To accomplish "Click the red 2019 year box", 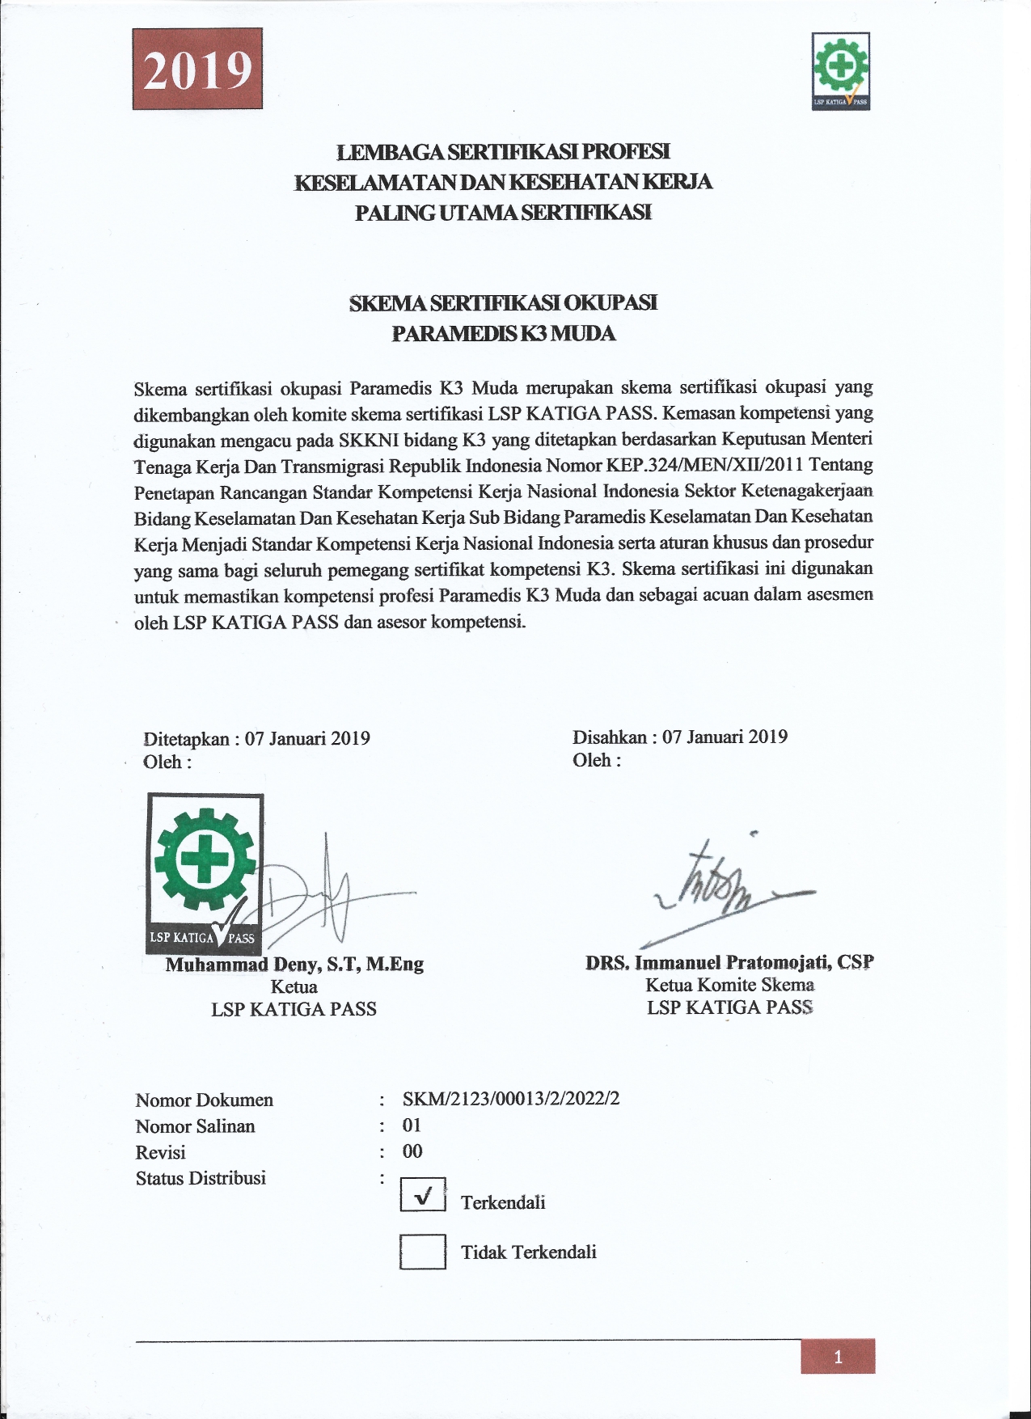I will click(197, 69).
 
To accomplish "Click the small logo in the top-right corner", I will click(841, 71).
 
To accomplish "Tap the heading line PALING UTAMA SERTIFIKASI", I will click(503, 213).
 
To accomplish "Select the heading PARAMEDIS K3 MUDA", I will click(503, 333).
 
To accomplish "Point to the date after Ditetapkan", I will click(307, 738).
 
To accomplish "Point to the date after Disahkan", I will click(725, 737).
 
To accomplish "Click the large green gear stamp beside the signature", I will click(205, 873).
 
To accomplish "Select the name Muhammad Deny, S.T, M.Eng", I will click(294, 964).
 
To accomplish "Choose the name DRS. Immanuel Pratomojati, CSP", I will click(729, 962).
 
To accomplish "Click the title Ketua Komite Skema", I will click(729, 985).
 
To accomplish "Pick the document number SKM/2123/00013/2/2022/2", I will click(511, 1099).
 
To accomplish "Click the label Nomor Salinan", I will click(195, 1126).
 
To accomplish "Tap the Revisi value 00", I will click(412, 1151).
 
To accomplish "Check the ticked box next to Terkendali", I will click(423, 1194).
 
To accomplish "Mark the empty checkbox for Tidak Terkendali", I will click(423, 1251).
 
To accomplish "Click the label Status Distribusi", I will click(201, 1178).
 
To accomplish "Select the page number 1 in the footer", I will click(838, 1357).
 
